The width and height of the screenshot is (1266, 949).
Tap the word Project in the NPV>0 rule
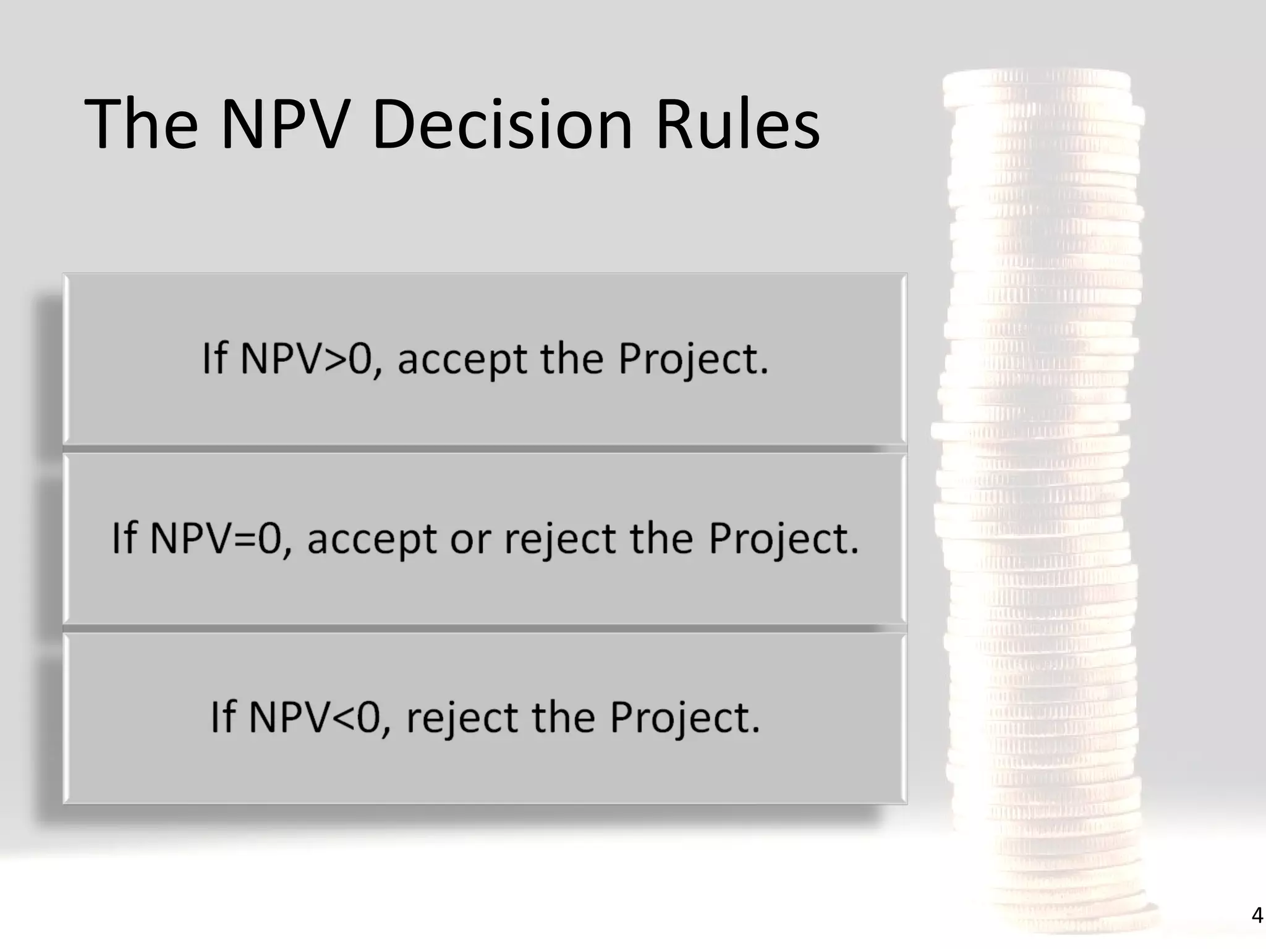click(692, 360)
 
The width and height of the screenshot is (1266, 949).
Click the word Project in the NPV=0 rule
click(783, 539)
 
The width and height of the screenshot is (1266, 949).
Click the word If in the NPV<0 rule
click(223, 717)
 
